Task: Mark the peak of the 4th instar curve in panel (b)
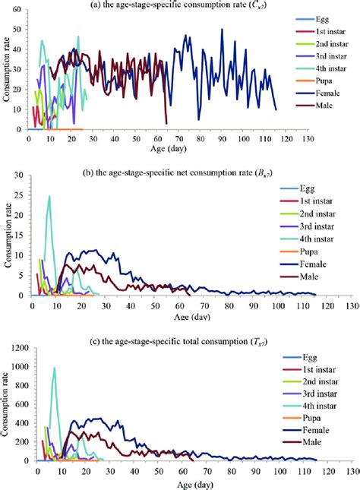tap(49, 196)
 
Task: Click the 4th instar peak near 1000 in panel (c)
tap(54, 368)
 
